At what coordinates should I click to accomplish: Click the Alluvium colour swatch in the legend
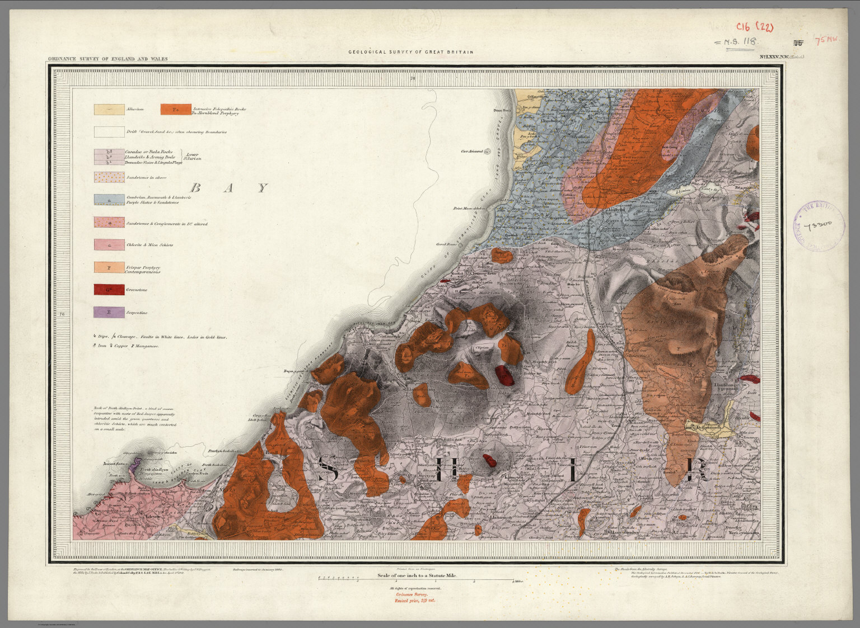pyautogui.click(x=109, y=110)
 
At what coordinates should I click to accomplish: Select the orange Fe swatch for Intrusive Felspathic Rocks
pyautogui.click(x=175, y=110)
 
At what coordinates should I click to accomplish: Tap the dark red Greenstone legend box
pyautogui.click(x=109, y=290)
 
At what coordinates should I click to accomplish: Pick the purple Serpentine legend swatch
pyautogui.click(x=109, y=313)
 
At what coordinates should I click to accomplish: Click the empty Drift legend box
pyautogui.click(x=109, y=132)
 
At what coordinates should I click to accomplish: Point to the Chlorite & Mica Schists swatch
pyautogui.click(x=109, y=244)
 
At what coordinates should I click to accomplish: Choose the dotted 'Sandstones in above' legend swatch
pyautogui.click(x=109, y=177)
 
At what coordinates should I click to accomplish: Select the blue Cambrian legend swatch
pyautogui.click(x=109, y=199)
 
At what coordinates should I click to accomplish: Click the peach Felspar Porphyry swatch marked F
pyautogui.click(x=109, y=267)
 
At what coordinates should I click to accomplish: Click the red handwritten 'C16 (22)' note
pyautogui.click(x=754, y=27)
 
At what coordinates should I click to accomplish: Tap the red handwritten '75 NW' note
pyautogui.click(x=827, y=40)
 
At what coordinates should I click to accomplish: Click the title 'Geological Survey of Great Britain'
pyautogui.click(x=410, y=52)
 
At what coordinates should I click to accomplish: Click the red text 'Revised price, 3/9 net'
pyautogui.click(x=414, y=600)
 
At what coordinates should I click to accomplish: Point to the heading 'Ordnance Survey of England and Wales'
pyautogui.click(x=107, y=58)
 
